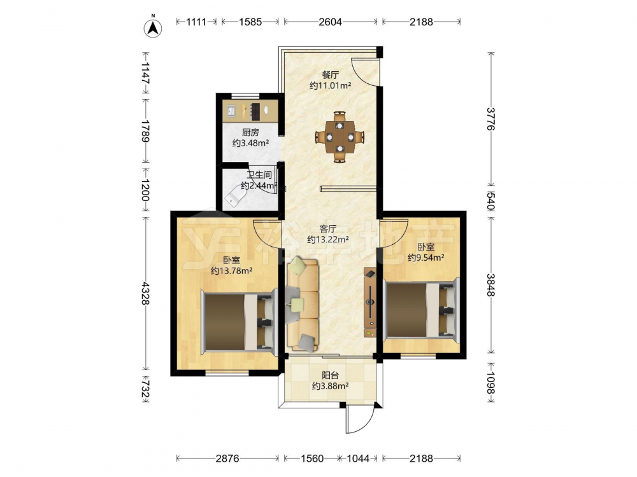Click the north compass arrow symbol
[153, 27]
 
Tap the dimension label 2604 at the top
[330, 22]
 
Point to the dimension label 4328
[145, 294]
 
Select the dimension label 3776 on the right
[491, 118]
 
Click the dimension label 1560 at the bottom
[312, 459]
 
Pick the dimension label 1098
[491, 383]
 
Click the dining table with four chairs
[340, 137]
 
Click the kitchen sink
[231, 111]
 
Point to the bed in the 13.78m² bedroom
[240, 322]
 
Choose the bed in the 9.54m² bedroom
[421, 309]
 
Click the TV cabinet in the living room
[369, 302]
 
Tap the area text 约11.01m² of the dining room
[330, 86]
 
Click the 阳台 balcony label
[330, 376]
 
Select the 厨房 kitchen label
[250, 133]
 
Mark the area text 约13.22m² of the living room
[328, 240]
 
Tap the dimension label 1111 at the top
[196, 22]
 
